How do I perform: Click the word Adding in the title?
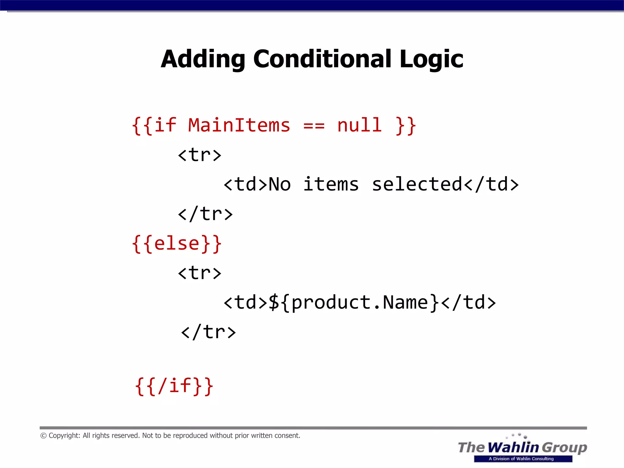point(203,59)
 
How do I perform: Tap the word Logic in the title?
point(431,59)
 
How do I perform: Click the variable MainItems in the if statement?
point(239,125)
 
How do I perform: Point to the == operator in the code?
point(314,126)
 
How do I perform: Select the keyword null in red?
point(359,125)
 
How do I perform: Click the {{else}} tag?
point(177,244)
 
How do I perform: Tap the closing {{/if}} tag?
point(174,386)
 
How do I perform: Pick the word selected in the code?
point(417,184)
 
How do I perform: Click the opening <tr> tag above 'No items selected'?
point(200,155)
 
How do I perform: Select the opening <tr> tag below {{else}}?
point(200,273)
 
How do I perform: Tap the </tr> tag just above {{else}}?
point(205,214)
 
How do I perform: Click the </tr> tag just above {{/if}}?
point(208,332)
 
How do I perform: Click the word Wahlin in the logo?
point(513,447)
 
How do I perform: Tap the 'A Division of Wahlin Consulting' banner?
point(523,459)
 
